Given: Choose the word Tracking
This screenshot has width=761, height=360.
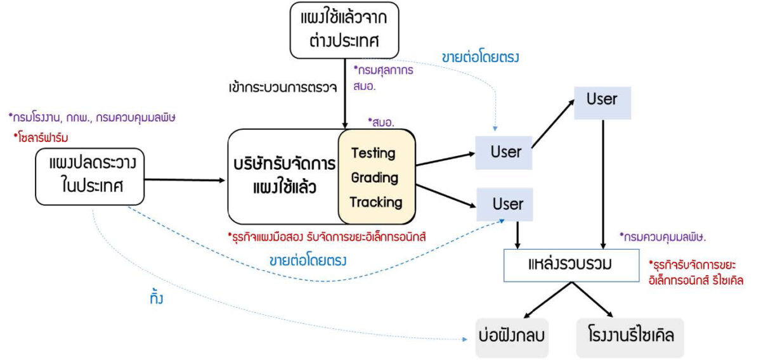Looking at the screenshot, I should [x=376, y=202].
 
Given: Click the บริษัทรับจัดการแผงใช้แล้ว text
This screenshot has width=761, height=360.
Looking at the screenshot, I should [x=283, y=177].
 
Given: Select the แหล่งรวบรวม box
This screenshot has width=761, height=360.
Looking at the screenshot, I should [x=570, y=264].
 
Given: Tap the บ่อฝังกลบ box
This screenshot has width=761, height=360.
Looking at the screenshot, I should [x=512, y=336].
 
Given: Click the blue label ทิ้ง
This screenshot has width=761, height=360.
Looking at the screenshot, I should [x=153, y=298].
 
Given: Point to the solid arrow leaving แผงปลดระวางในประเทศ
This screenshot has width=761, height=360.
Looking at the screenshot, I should [x=185, y=180].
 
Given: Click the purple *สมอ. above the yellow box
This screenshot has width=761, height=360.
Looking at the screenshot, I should [x=381, y=122].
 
